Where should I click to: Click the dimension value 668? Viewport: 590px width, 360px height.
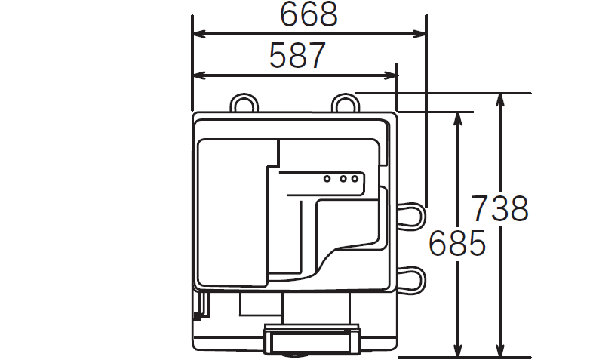click(309, 14)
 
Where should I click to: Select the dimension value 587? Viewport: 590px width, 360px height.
click(297, 55)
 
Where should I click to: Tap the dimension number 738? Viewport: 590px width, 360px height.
click(499, 208)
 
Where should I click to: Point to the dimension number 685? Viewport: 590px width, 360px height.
click(456, 243)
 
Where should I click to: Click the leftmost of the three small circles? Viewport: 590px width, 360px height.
click(327, 179)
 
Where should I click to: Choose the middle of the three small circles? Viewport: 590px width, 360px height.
click(343, 179)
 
